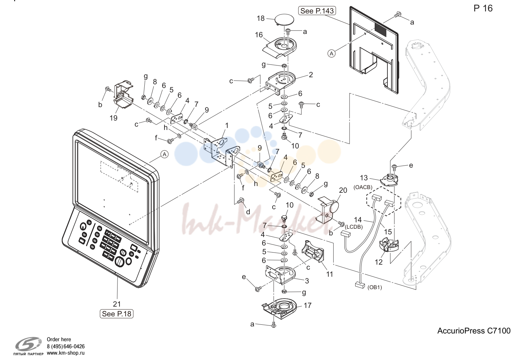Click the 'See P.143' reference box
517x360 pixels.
[x=317, y=11]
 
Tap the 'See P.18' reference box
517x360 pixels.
[x=116, y=314]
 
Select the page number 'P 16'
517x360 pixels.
[x=483, y=8]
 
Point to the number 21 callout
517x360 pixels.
[x=117, y=304]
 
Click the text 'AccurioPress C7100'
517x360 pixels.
[x=474, y=331]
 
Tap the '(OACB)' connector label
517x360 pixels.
[x=363, y=187]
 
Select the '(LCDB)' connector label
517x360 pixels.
[x=354, y=227]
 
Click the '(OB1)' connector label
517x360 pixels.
[x=374, y=287]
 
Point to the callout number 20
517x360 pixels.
[x=343, y=190]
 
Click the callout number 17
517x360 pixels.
[x=308, y=305]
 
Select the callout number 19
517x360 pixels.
[x=113, y=118]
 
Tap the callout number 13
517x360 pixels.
[x=364, y=178]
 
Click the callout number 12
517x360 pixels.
[x=379, y=262]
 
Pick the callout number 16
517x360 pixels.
[x=259, y=35]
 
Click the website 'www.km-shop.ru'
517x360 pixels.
[x=66, y=353]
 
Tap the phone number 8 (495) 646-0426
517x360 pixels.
[x=66, y=346]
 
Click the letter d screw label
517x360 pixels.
[x=248, y=212]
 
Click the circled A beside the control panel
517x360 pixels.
[x=164, y=154]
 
